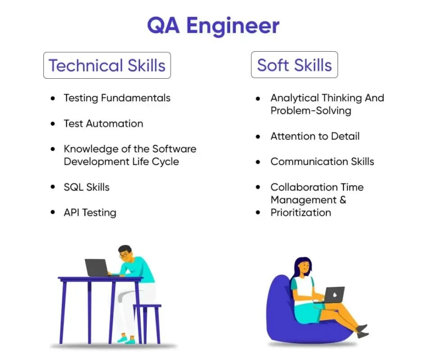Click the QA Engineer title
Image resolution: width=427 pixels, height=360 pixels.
pyautogui.click(x=213, y=26)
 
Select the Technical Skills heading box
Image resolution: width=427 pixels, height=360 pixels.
pyautogui.click(x=107, y=66)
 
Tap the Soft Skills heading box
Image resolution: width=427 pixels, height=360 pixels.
pyautogui.click(x=294, y=66)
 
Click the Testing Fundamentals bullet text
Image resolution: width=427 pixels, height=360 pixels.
pyautogui.click(x=117, y=98)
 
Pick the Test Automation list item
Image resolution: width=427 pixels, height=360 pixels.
pyautogui.click(x=103, y=124)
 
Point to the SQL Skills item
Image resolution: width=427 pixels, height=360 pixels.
pyautogui.click(x=86, y=187)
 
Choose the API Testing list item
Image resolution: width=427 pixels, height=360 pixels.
pyautogui.click(x=90, y=213)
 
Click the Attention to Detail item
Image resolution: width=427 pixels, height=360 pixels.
pyautogui.click(x=315, y=136)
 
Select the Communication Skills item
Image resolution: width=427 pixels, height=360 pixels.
pyautogui.click(x=322, y=162)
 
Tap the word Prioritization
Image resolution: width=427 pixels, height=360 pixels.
pyautogui.click(x=300, y=213)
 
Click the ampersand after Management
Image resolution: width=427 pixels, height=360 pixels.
pyautogui.click(x=343, y=200)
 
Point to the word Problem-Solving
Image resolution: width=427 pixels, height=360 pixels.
pyautogui.click(x=310, y=111)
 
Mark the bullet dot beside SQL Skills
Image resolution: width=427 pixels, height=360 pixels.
pyautogui.click(x=54, y=188)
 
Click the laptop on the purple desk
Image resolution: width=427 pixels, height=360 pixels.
pyautogui.click(x=97, y=267)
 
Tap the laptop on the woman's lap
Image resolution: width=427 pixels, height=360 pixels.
pyautogui.click(x=333, y=295)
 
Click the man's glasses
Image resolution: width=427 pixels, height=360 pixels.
pyautogui.click(x=124, y=255)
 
